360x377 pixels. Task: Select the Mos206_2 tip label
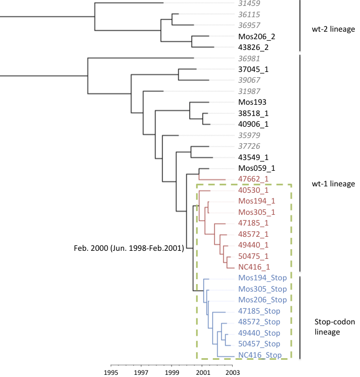point(253,37)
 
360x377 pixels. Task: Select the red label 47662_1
point(253,179)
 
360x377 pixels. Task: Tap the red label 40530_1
point(253,190)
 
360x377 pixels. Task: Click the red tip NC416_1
point(253,266)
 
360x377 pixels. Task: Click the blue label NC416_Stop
point(259,355)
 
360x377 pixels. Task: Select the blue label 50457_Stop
point(259,344)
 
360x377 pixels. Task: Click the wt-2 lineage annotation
point(333,30)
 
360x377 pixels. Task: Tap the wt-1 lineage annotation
point(333,184)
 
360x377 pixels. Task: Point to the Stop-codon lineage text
point(327,327)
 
